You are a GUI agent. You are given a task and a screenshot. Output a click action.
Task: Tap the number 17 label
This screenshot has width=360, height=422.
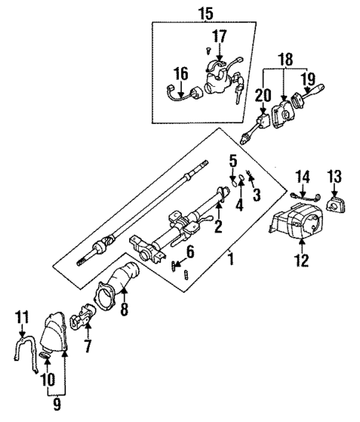(x=220, y=35)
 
